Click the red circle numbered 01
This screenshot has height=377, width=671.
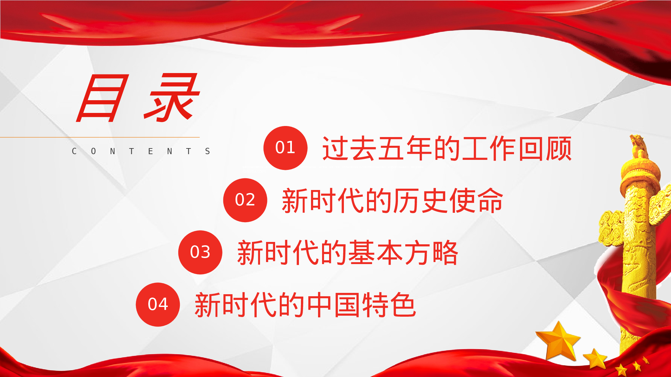coord(285,148)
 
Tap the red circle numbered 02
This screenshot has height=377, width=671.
coord(245,200)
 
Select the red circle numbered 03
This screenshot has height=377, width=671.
coord(200,252)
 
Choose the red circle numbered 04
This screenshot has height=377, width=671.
coord(158,304)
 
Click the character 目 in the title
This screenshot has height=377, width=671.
coord(103,98)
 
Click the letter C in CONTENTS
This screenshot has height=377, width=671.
coord(74,151)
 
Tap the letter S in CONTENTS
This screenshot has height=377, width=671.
coord(208,151)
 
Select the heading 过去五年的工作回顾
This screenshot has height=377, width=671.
coord(447,148)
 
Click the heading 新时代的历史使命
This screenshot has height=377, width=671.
coord(392,200)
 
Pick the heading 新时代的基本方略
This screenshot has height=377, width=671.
coord(348,253)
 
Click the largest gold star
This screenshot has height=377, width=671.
coord(559,341)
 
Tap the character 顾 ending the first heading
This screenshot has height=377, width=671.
coord(559,148)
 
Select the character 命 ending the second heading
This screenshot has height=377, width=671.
coord(490,200)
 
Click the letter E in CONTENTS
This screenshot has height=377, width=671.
coord(151,151)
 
